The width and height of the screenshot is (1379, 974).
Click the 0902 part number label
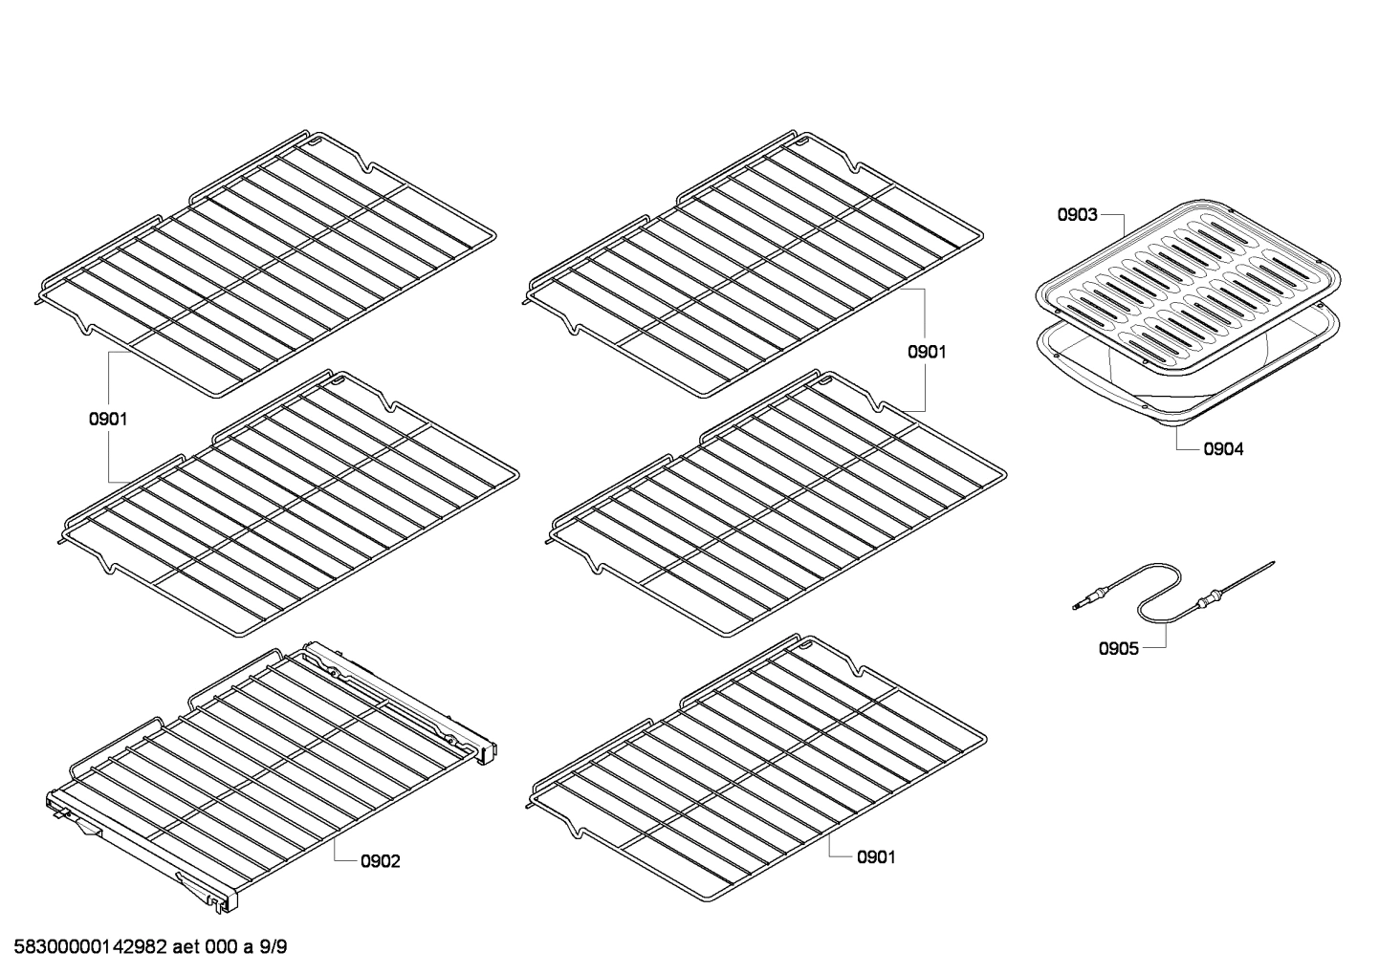[x=381, y=861]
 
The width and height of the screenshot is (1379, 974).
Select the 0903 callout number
[x=1077, y=215]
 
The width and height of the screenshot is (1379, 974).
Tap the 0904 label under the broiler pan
[x=1224, y=448]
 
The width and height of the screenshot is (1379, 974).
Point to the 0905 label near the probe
[x=1118, y=648]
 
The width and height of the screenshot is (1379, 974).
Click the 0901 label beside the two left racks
[x=108, y=418]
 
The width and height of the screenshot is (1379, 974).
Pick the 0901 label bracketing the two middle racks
[x=927, y=352]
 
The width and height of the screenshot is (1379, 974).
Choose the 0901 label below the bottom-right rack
[x=876, y=857]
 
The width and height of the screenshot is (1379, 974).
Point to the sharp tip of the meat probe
[x=1270, y=563]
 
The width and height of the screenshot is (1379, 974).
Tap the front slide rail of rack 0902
[x=143, y=841]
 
